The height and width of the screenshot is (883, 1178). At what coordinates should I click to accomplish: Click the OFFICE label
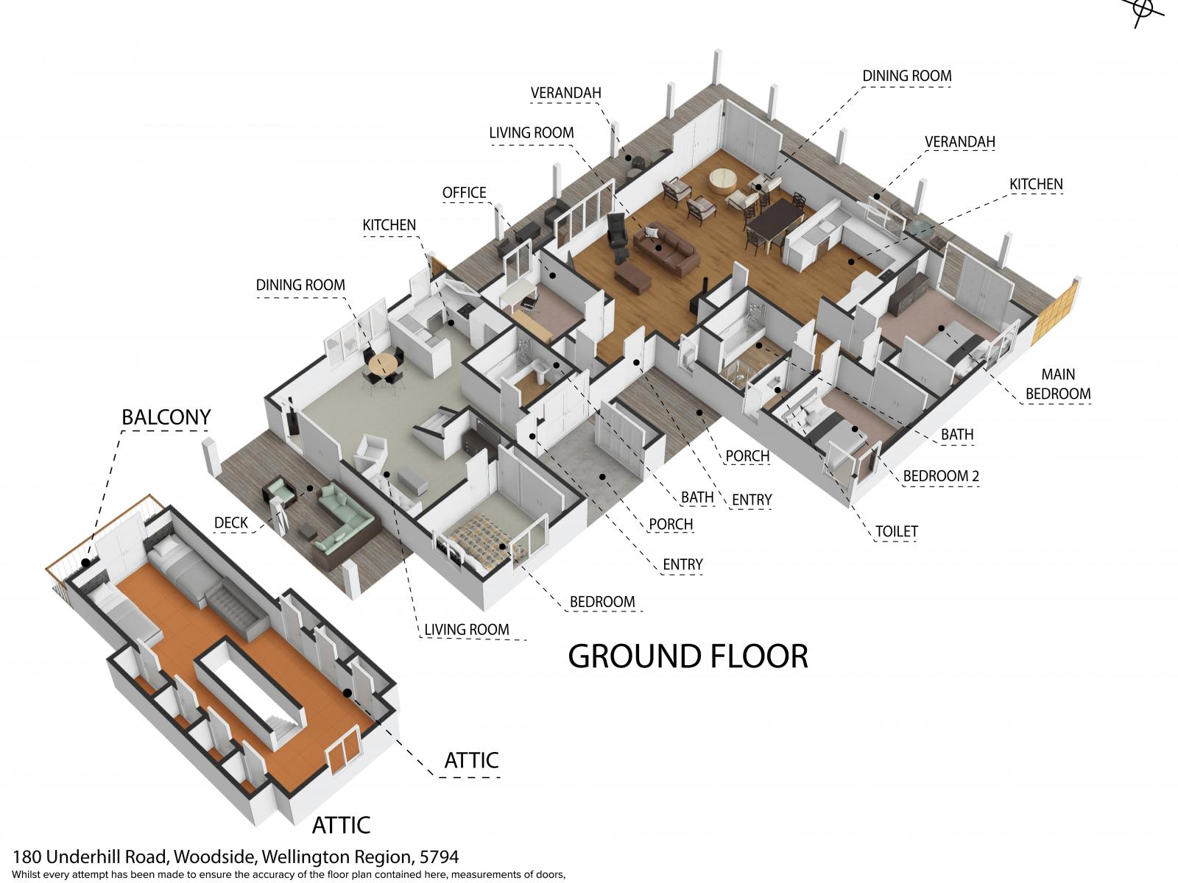coord(464,193)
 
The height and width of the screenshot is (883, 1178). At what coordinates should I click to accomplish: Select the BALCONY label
coord(166,417)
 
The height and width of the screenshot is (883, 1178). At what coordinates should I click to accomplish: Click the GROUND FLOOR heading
coord(688,656)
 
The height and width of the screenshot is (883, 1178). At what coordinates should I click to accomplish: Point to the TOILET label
coord(896,531)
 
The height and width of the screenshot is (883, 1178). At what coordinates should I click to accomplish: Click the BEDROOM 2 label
coord(941,475)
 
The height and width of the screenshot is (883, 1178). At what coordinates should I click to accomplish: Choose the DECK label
coord(230,522)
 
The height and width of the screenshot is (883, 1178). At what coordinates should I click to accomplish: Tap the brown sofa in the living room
coord(666,248)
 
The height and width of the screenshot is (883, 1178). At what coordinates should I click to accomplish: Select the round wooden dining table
coord(383,364)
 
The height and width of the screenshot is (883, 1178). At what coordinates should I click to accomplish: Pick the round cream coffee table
coord(724,181)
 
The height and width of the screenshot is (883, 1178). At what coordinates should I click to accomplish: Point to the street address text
coord(235,857)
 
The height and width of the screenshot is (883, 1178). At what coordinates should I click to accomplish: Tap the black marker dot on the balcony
coord(85,563)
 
